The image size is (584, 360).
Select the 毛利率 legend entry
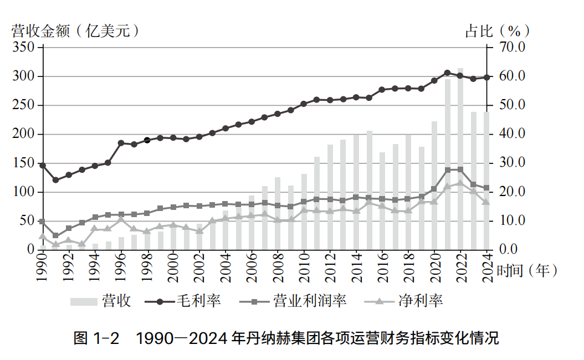coord(183,301)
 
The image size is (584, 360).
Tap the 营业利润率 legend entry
coord(294,301)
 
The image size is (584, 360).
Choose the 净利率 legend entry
coord(404,301)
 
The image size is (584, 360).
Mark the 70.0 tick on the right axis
coord(511,48)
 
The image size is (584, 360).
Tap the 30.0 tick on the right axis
coord(511,163)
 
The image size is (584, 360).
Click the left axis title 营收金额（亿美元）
coord(75,31)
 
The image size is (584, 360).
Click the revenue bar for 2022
coord(460,166)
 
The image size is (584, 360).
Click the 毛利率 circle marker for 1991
coord(55,180)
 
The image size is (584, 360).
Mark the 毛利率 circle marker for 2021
coord(447,73)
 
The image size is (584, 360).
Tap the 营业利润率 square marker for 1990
coord(42,222)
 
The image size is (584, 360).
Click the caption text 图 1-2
coord(96,338)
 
